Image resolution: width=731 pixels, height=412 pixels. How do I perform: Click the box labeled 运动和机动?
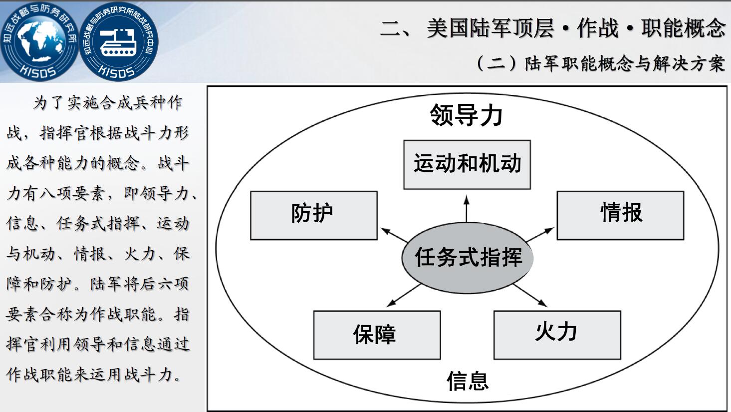467,165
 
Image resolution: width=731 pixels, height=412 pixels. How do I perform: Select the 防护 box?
314,216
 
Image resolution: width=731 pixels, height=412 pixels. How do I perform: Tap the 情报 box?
620,216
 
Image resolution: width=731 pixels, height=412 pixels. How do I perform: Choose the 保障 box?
377,335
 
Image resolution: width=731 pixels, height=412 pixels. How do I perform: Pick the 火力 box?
557,335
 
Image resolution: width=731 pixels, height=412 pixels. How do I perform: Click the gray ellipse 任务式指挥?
468,258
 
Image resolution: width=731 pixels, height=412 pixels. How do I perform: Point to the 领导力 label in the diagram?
467,115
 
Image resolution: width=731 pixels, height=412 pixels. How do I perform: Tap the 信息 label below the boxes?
468,381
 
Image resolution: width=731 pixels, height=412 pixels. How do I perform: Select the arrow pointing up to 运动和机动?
467,209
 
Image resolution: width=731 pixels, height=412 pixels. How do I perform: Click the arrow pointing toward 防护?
394,235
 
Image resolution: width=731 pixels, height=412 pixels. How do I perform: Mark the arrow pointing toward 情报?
540,234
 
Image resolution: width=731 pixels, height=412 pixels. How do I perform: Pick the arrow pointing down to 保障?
404,295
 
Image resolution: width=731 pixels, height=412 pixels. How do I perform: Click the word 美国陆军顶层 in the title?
490,28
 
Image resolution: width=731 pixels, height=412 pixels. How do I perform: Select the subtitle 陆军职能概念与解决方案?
625,63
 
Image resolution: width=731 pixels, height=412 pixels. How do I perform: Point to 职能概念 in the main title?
684,28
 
